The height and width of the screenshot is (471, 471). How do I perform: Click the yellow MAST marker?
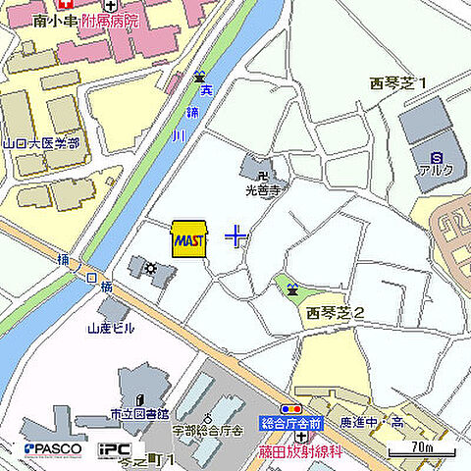(188, 238)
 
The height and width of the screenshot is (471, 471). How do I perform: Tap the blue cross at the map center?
(236, 235)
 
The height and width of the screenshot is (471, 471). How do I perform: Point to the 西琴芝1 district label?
(398, 83)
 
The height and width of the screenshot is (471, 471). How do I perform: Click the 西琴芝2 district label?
(335, 313)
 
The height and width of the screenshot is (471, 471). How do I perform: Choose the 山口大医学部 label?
(40, 143)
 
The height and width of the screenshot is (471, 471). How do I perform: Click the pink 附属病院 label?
(110, 20)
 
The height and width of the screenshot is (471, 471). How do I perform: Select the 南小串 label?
(54, 20)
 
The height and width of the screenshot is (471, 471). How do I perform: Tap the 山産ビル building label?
(111, 329)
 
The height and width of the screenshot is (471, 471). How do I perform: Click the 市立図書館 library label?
(139, 413)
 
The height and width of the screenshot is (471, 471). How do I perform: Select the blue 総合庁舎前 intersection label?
(291, 423)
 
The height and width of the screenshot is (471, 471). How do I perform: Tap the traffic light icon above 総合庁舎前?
(291, 407)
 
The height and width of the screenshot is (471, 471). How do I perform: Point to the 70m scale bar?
(423, 451)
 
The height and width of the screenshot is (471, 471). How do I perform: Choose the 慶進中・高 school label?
(372, 422)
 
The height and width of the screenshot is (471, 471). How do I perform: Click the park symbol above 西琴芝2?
(292, 288)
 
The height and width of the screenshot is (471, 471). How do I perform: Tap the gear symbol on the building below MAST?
(150, 268)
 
